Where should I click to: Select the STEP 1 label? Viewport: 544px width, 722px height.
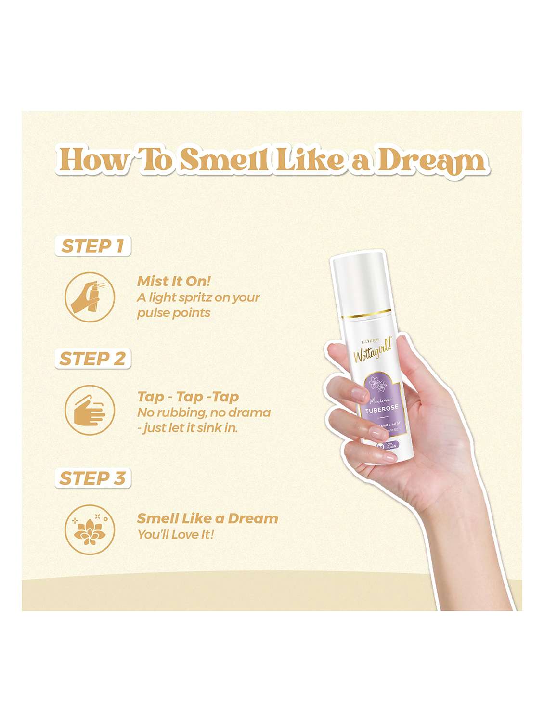(x=92, y=246)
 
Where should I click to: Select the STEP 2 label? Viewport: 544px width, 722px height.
(x=92, y=359)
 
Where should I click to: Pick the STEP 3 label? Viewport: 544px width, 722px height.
(x=92, y=478)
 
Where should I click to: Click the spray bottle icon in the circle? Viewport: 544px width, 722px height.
(x=90, y=297)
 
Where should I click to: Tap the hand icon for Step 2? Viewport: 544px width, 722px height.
(x=90, y=411)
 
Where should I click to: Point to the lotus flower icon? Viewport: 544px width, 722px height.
(x=90, y=529)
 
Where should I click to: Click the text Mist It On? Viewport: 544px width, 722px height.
(x=174, y=281)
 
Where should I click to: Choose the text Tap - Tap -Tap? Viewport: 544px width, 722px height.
(x=188, y=397)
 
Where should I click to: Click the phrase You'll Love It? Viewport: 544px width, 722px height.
(x=175, y=534)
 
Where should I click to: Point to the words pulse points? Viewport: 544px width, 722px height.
(x=174, y=313)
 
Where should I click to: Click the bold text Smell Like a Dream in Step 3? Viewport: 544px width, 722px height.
(x=207, y=518)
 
